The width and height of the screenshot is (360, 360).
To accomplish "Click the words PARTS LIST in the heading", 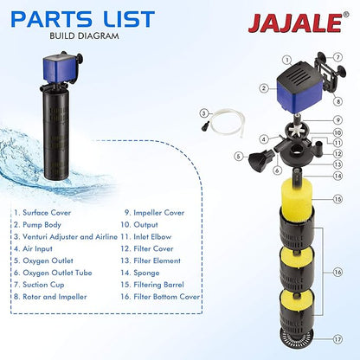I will click(x=85, y=18).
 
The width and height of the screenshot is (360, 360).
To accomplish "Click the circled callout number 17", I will click(x=337, y=338).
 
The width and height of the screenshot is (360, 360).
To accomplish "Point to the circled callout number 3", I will click(x=203, y=112).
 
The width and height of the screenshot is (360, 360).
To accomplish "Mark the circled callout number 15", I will click(x=339, y=198).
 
